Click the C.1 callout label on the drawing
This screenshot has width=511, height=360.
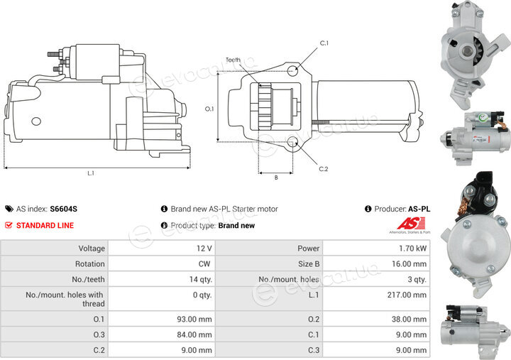(324, 43)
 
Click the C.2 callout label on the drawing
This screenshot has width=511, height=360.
(324, 169)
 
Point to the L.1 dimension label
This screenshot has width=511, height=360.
(91, 173)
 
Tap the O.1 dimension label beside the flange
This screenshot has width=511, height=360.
(209, 109)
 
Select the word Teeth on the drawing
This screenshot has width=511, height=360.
(233, 60)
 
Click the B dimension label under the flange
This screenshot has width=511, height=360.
(276, 178)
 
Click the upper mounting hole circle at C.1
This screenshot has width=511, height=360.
(292, 71)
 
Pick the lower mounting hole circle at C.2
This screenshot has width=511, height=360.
(292, 142)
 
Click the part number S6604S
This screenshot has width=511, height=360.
(64, 209)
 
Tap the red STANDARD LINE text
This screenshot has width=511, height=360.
(45, 225)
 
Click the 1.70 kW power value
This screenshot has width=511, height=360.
(412, 249)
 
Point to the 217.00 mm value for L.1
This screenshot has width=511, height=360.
(407, 295)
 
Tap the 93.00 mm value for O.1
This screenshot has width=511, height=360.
(194, 319)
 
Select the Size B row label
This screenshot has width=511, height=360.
(309, 264)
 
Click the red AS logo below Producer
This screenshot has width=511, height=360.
(411, 224)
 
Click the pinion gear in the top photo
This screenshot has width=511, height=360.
(478, 52)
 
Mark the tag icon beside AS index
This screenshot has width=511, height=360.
(9, 209)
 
